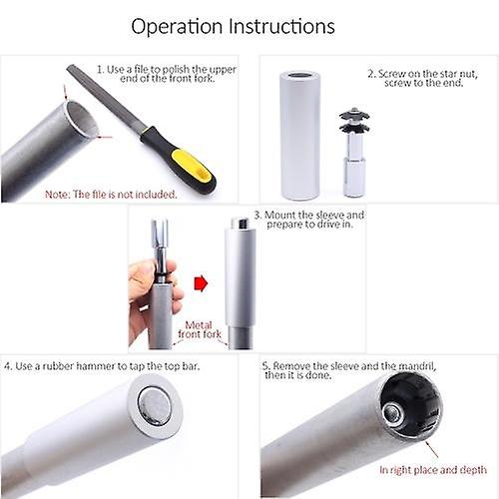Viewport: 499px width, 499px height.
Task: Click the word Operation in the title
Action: (177, 27)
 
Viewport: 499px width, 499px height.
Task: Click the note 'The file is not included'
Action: (111, 194)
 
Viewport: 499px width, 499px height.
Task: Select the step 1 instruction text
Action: (167, 74)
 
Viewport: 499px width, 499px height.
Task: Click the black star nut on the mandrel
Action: (354, 121)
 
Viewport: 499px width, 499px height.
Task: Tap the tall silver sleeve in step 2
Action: (300, 136)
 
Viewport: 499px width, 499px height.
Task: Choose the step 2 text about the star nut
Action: (423, 78)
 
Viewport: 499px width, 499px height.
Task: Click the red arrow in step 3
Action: (201, 283)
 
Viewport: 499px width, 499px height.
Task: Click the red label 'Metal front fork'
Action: (200, 329)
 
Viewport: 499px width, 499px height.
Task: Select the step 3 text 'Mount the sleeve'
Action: (309, 220)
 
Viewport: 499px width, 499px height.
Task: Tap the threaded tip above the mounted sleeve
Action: (240, 223)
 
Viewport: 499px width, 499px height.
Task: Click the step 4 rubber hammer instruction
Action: (102, 366)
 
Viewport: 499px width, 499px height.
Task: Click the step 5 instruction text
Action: (349, 370)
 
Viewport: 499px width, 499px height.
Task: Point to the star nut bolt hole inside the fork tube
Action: (394, 413)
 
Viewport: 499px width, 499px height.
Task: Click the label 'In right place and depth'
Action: (433, 470)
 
